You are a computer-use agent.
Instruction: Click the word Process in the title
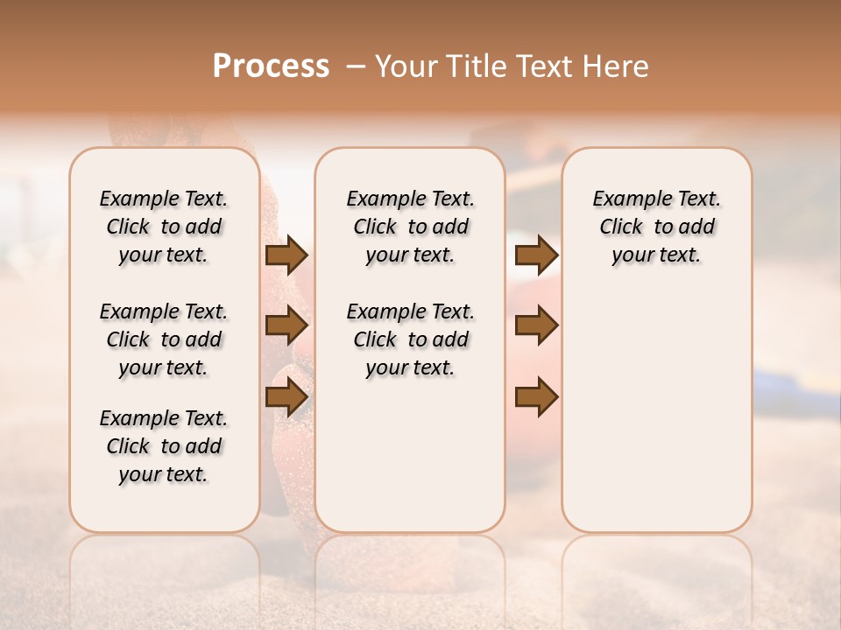tap(271, 66)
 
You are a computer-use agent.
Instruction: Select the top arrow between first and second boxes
tap(286, 255)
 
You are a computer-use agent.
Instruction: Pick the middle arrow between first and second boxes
tap(286, 326)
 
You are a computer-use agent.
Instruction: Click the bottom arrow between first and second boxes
tap(286, 398)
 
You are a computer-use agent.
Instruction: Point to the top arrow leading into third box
tap(536, 255)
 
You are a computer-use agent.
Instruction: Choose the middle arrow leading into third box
tap(536, 326)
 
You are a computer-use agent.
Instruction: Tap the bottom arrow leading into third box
tap(536, 398)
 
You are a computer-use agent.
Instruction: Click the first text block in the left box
tap(164, 227)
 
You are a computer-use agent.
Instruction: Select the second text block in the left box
tap(164, 339)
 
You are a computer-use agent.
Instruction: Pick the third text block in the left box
tap(164, 446)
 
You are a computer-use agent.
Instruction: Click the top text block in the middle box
tap(410, 227)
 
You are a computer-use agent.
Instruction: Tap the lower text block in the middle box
tap(410, 339)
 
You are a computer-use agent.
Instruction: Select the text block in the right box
tap(657, 227)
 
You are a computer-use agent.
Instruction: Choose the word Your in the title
tap(405, 66)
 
